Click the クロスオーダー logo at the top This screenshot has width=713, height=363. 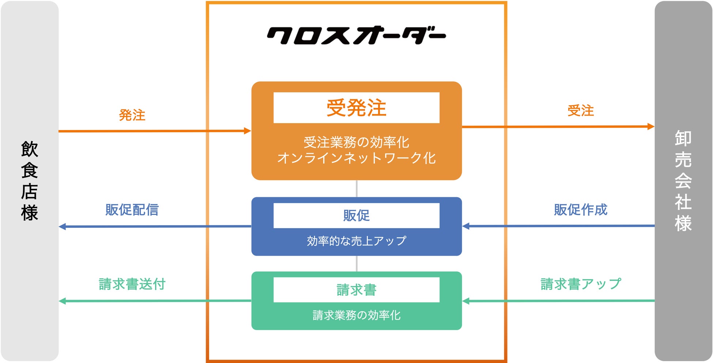(x=356, y=35)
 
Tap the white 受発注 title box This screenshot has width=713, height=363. (x=356, y=108)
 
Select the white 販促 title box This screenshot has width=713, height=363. (x=356, y=215)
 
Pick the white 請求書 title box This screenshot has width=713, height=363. (x=356, y=290)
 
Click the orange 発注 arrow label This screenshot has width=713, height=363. (x=132, y=115)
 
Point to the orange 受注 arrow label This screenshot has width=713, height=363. (x=581, y=110)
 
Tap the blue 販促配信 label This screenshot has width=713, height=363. (x=132, y=210)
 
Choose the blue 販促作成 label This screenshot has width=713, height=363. (x=581, y=210)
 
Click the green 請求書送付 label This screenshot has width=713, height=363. (x=132, y=284)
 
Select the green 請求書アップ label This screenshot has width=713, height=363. (x=581, y=284)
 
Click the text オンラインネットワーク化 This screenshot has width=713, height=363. (x=356, y=158)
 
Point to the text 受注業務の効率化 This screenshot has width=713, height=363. (x=356, y=142)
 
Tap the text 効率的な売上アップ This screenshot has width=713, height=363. (x=356, y=241)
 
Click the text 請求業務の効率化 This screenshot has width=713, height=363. (x=356, y=315)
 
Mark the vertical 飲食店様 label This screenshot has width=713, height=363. (x=30, y=181)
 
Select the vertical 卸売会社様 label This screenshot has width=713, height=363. (x=683, y=181)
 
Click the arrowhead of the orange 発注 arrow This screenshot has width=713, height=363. (x=248, y=131)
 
